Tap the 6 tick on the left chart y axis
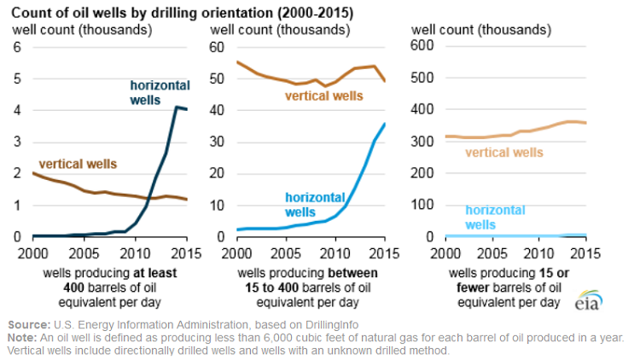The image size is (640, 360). pos(15,46)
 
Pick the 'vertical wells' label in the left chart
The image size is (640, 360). pos(78,163)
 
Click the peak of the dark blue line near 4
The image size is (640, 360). pos(176,107)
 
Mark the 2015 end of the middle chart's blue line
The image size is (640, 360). pos(384,124)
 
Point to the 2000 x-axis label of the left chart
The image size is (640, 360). pos(33,253)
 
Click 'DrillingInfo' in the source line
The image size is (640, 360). pos(328,324)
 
